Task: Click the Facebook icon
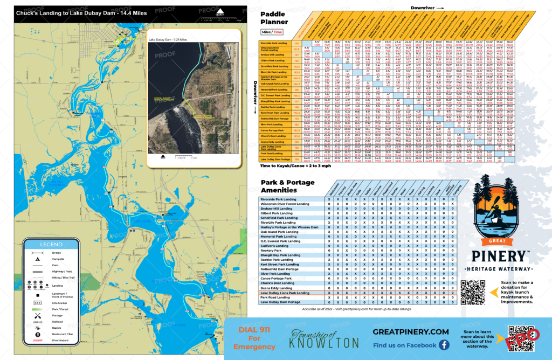tap(444, 345)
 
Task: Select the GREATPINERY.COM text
tap(411, 332)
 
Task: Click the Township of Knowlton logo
tap(324, 338)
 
